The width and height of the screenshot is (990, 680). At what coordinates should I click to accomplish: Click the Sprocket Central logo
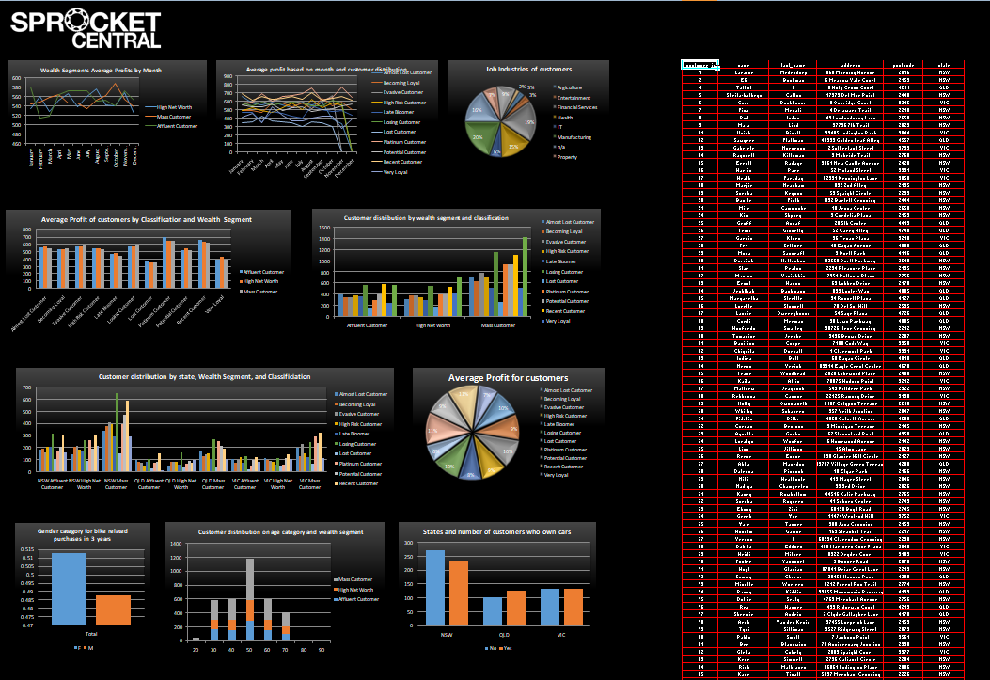click(86, 29)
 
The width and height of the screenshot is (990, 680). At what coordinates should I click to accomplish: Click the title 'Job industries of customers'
click(528, 69)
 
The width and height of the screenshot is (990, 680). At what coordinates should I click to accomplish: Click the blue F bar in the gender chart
click(69, 589)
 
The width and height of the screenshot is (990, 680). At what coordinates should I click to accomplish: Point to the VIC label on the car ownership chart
click(560, 636)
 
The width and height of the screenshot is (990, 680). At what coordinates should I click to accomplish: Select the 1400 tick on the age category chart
click(176, 545)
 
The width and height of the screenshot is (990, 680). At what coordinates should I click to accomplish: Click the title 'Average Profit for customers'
click(508, 377)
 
